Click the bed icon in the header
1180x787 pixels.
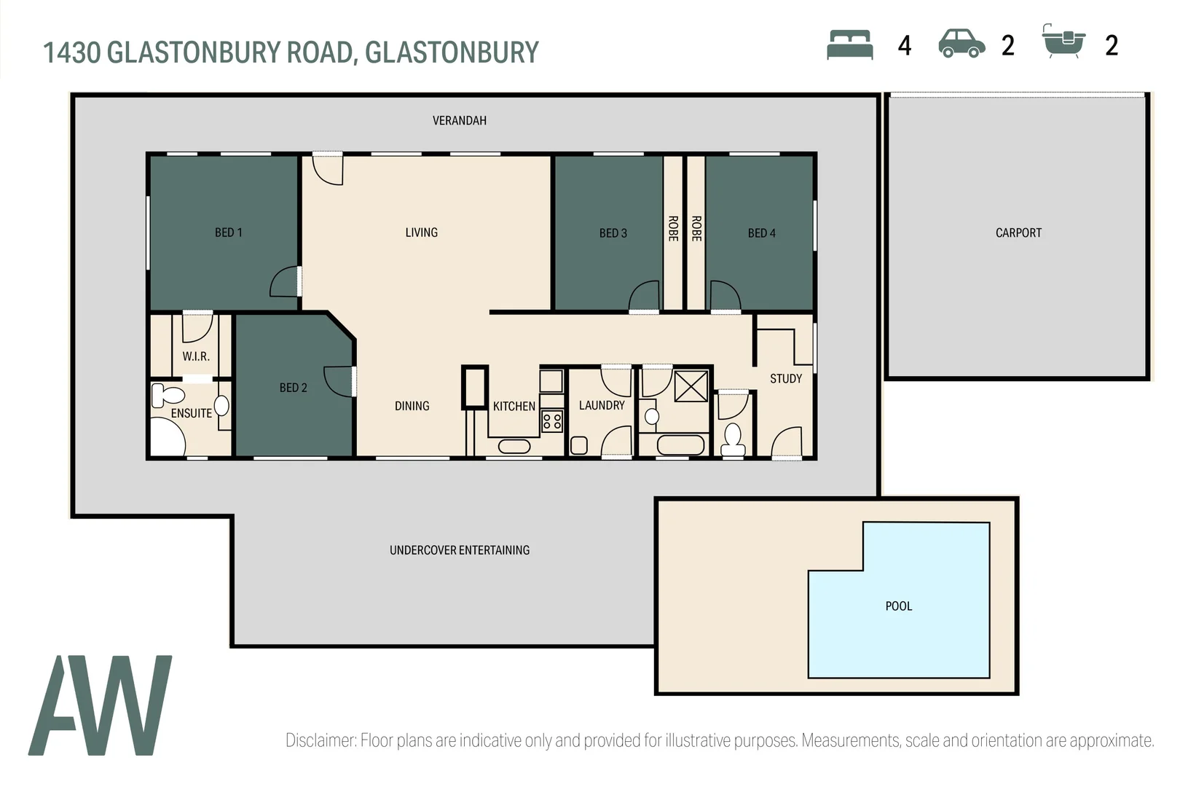(x=849, y=44)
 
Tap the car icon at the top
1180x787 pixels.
(x=961, y=44)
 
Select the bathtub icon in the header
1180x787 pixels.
(x=1063, y=42)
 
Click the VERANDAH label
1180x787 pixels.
(x=459, y=121)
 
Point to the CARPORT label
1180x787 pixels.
(x=1018, y=233)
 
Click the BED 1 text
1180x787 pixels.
(x=228, y=232)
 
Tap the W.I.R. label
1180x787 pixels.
(x=195, y=356)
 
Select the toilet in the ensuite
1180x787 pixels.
(x=168, y=396)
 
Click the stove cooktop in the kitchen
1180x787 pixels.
(x=551, y=420)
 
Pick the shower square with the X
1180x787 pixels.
(x=691, y=386)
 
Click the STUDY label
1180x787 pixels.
(x=785, y=379)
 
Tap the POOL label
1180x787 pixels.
(x=898, y=606)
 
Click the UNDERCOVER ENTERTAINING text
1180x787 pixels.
(x=459, y=550)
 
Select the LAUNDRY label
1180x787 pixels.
(x=601, y=405)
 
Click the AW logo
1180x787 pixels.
(x=101, y=705)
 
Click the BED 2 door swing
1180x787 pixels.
(x=338, y=381)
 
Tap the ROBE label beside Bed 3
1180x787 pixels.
(x=672, y=229)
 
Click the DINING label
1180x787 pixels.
(x=412, y=406)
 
